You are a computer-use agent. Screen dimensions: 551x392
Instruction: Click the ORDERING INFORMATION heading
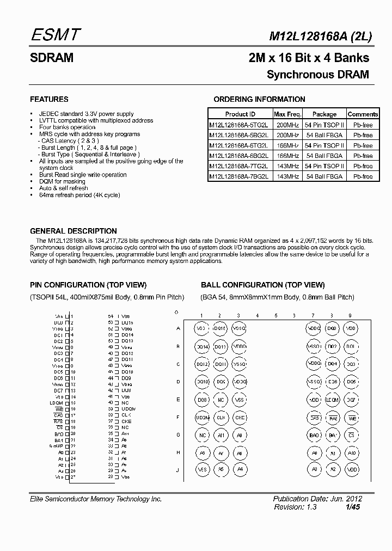[x=259, y=99]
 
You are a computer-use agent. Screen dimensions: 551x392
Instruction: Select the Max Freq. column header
[x=287, y=114]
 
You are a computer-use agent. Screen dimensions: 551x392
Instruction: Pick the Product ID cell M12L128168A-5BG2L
[x=240, y=135]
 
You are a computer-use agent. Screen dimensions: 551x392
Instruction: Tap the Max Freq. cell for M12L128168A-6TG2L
[x=287, y=145]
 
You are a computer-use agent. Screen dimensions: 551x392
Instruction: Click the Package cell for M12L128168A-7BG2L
[x=324, y=176]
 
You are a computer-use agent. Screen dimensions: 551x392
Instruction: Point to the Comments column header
[x=363, y=114]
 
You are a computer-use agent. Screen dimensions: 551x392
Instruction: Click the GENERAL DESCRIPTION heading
[x=73, y=231]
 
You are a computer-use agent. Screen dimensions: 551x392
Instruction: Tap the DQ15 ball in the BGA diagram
[x=220, y=328]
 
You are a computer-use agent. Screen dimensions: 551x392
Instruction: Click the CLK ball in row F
[x=220, y=417]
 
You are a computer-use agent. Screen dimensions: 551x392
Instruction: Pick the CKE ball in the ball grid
[x=239, y=417]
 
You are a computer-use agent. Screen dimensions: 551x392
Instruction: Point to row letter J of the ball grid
[x=178, y=470]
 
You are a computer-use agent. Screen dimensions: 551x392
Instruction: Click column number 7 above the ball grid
[x=313, y=316]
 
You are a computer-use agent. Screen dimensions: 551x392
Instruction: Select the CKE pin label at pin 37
[x=126, y=421]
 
